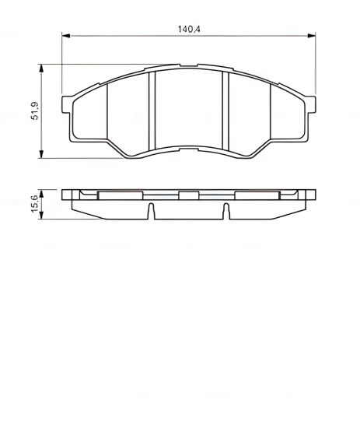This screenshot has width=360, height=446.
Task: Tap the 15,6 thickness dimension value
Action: [32, 205]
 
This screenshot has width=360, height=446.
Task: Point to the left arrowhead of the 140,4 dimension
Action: [65, 34]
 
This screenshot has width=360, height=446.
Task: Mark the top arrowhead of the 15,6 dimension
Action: [43, 191]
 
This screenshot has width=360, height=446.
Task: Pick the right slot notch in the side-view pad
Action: [226, 210]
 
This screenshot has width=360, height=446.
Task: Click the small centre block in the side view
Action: [190, 195]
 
